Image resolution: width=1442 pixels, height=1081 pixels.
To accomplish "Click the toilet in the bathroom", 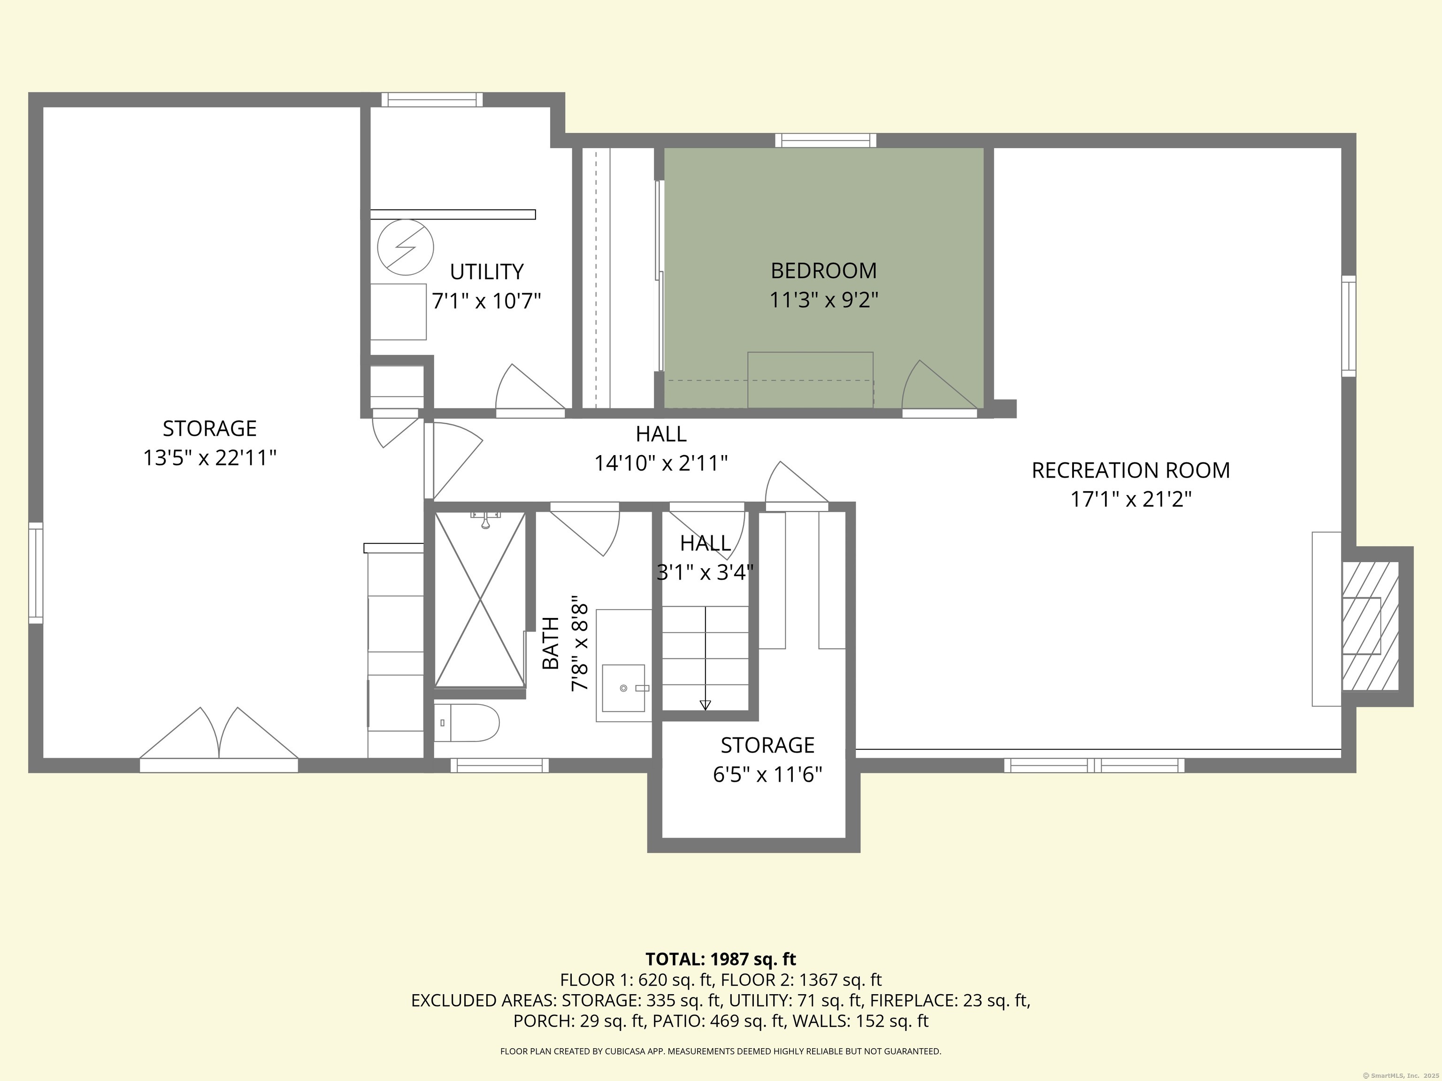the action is point(466,723).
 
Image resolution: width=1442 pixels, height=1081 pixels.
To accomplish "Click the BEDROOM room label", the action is point(823,270).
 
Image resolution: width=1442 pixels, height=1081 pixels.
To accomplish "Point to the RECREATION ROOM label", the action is point(1130,471).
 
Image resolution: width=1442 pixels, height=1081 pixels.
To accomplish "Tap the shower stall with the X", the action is point(480,600).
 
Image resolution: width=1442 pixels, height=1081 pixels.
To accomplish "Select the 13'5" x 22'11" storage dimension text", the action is point(210,458).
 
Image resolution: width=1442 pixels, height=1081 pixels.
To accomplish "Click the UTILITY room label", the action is point(486,272).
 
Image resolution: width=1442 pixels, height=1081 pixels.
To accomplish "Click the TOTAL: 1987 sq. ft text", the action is point(721,959).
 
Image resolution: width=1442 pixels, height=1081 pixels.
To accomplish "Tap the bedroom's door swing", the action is point(939,384).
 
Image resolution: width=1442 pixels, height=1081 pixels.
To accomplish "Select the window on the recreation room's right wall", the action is point(1349,326).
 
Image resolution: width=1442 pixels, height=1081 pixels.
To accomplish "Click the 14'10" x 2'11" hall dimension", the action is point(661,463).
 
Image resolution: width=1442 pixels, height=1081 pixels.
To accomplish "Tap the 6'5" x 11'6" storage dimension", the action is point(767,775).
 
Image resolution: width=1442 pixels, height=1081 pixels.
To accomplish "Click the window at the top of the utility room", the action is point(432,99).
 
